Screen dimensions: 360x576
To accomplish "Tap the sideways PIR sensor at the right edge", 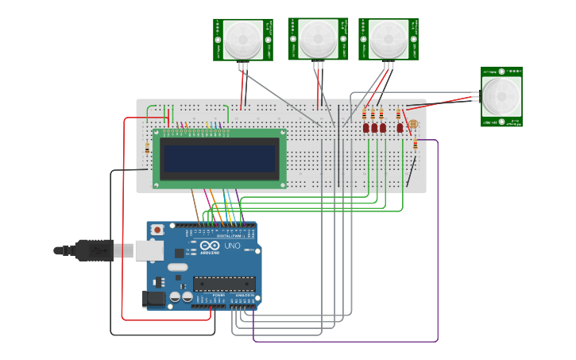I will [501, 96].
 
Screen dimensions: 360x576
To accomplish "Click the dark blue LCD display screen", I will [220, 159].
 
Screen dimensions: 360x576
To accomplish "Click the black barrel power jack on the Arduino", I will [154, 299].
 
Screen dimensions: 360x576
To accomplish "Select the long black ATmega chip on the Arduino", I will [224, 284].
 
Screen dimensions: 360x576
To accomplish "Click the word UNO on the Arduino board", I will [234, 246].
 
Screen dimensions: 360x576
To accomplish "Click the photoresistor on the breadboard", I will [413, 125].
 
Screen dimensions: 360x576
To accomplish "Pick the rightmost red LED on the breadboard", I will [400, 127].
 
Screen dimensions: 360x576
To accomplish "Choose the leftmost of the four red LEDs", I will [365, 127].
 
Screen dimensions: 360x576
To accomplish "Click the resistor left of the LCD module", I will [147, 148].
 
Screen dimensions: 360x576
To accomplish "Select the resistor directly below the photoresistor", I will [415, 144].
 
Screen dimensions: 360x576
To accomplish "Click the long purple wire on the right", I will [438, 238].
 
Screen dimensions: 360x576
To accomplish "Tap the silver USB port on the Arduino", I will [149, 250].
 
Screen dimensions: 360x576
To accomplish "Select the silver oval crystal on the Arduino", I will [178, 267].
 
